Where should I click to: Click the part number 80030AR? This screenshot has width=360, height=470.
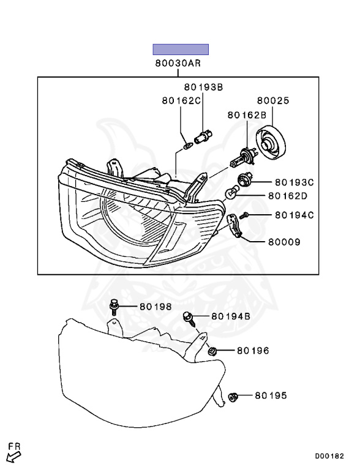point(178,63)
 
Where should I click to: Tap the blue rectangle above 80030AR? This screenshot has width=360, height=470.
point(181,50)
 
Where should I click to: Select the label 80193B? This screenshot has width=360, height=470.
point(203,87)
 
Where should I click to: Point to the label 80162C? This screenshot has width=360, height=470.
point(181,100)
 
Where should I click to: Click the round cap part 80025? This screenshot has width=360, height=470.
point(271,143)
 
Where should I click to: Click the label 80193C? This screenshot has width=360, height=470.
point(294,182)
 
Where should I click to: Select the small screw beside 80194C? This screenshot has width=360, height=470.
point(246,215)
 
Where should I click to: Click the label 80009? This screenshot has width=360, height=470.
point(284,242)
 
